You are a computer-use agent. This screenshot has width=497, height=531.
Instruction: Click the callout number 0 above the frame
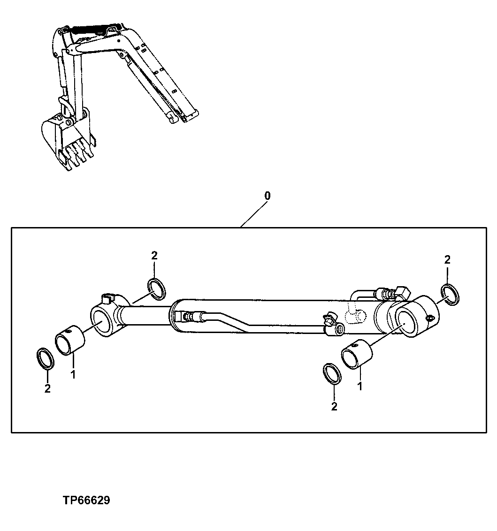pos(267,196)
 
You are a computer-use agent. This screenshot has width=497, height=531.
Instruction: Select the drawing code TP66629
pos(86,501)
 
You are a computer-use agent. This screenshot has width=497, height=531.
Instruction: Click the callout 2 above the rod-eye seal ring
pos(154,256)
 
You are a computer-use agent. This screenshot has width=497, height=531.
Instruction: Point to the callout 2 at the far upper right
pos(447,259)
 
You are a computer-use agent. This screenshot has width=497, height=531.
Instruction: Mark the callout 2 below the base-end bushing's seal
pos(334,406)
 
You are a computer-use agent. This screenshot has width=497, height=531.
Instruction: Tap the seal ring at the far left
pos(45,359)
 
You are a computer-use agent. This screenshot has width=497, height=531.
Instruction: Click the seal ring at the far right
pos(451,294)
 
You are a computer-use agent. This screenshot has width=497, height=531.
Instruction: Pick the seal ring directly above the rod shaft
pos(156,288)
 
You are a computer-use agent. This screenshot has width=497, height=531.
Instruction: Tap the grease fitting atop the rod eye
pos(107,297)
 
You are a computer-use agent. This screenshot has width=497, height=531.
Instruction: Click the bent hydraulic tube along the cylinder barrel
pos(235,321)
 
